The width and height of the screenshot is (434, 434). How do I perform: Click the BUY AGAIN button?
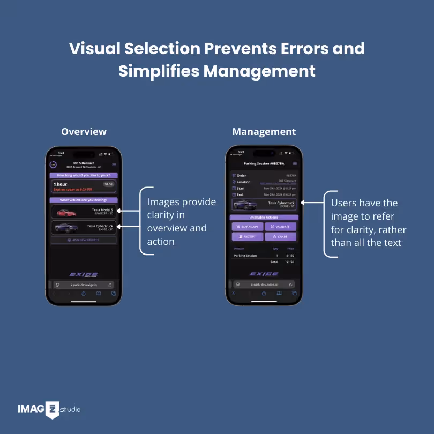(248, 227)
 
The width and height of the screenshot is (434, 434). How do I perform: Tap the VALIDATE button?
(280, 227)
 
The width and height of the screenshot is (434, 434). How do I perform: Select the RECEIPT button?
(248, 236)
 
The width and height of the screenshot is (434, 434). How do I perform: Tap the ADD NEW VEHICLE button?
(83, 240)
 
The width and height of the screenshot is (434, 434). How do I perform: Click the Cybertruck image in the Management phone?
(246, 204)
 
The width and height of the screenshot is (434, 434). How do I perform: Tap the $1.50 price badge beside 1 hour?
(109, 184)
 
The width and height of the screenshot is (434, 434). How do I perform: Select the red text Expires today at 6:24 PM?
(73, 190)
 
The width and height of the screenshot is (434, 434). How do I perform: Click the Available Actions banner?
(264, 218)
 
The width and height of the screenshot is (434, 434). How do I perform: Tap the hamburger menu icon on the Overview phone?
(114, 164)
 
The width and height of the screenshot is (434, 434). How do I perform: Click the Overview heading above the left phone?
(84, 132)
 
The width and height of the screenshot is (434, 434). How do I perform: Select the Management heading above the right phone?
(264, 132)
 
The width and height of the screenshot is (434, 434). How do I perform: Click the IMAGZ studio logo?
(48, 410)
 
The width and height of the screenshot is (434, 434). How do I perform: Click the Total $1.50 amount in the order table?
(290, 263)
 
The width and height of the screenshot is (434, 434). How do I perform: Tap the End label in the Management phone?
(239, 194)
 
